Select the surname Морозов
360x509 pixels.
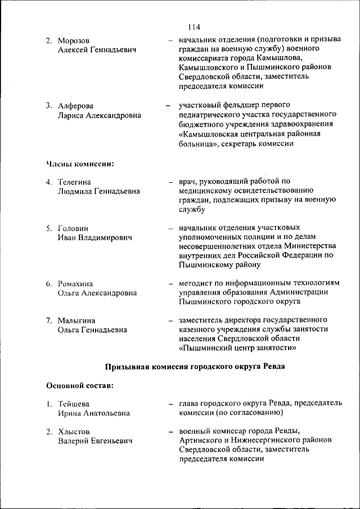pos(73,41)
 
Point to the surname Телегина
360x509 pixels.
pos(74,182)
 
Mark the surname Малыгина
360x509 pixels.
pos(76,320)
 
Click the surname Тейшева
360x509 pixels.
pos(74,404)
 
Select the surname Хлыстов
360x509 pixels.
pos(73,431)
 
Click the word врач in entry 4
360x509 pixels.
pos(188,182)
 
